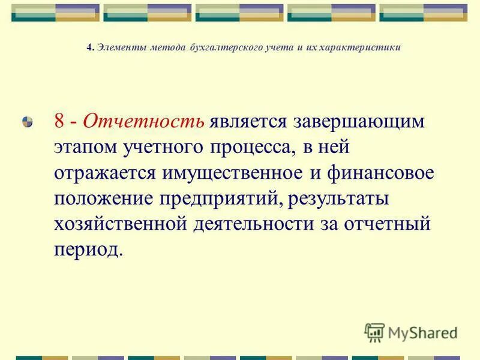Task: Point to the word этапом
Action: point(85,147)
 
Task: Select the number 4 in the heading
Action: point(89,48)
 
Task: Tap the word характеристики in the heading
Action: point(365,48)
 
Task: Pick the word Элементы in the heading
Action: point(118,48)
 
